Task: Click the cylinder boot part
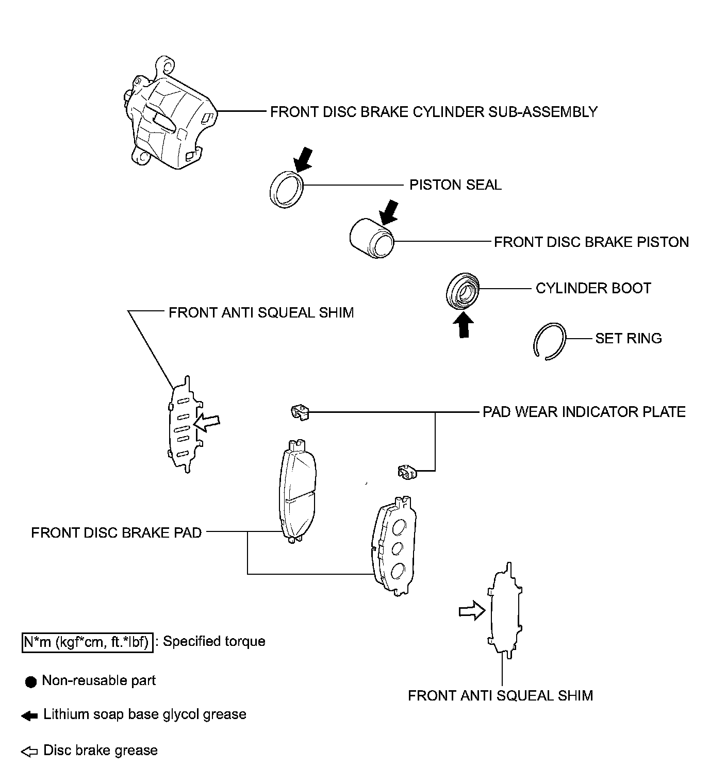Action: click(463, 292)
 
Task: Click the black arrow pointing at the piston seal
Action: click(304, 158)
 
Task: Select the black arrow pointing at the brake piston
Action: click(389, 211)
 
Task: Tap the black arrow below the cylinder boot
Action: click(464, 326)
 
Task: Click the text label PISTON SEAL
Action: click(455, 185)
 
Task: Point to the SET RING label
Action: click(628, 339)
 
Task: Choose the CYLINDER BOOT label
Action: click(593, 288)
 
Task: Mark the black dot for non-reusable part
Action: click(31, 682)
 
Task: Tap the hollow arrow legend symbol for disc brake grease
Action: click(29, 752)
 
